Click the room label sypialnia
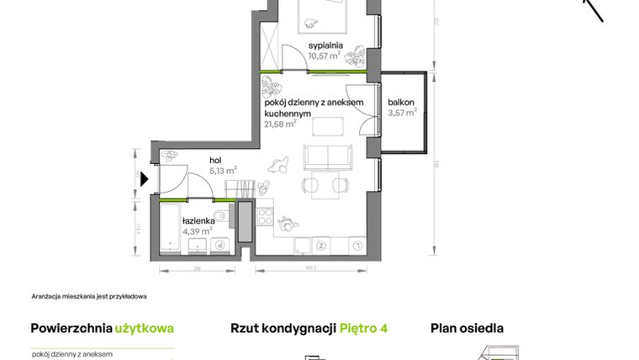point(324,46)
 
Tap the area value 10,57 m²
point(324,56)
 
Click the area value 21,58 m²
point(280,124)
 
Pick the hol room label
point(215,159)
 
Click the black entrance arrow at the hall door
point(145,178)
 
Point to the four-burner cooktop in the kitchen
point(265,217)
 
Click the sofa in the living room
point(327,157)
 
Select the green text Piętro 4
point(363,329)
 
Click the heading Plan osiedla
point(467,329)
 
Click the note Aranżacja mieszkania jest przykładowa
point(89,296)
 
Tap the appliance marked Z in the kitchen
point(321,245)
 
